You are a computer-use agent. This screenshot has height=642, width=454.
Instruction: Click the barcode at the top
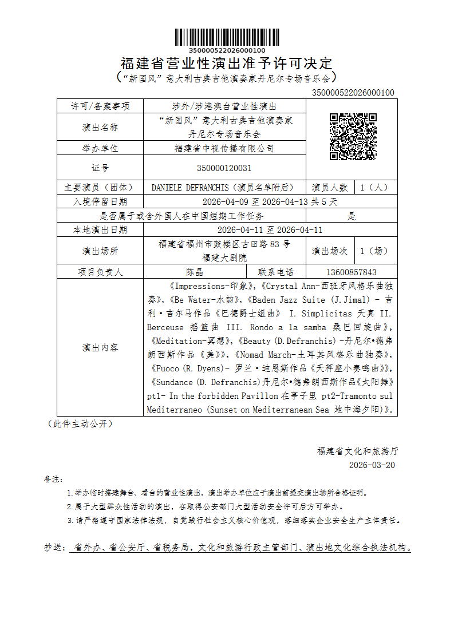227,37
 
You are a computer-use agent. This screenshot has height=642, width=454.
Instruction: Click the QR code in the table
353,137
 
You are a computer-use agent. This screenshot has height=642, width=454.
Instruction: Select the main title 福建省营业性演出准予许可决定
227,63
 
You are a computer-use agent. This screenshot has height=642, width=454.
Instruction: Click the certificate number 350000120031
224,168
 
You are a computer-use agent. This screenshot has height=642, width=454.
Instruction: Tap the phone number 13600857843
351,272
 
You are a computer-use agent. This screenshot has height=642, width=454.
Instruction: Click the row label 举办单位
100,149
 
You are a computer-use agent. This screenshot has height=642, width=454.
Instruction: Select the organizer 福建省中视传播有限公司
224,149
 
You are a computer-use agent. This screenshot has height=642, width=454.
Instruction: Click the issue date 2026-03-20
372,465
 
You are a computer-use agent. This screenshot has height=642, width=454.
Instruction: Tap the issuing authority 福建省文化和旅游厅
357,451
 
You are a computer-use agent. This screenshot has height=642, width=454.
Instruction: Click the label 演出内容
100,347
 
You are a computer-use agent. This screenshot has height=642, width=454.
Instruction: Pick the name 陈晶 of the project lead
195,272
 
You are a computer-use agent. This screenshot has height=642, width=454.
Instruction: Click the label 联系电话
276,272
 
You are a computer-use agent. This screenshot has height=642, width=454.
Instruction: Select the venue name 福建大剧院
224,257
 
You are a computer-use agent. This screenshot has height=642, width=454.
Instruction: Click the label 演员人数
330,188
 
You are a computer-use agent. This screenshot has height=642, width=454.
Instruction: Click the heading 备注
53,478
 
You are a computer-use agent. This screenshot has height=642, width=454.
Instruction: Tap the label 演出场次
330,251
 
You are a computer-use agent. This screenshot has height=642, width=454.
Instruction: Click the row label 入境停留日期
100,202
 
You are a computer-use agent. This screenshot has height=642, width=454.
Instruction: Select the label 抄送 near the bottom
55,548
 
